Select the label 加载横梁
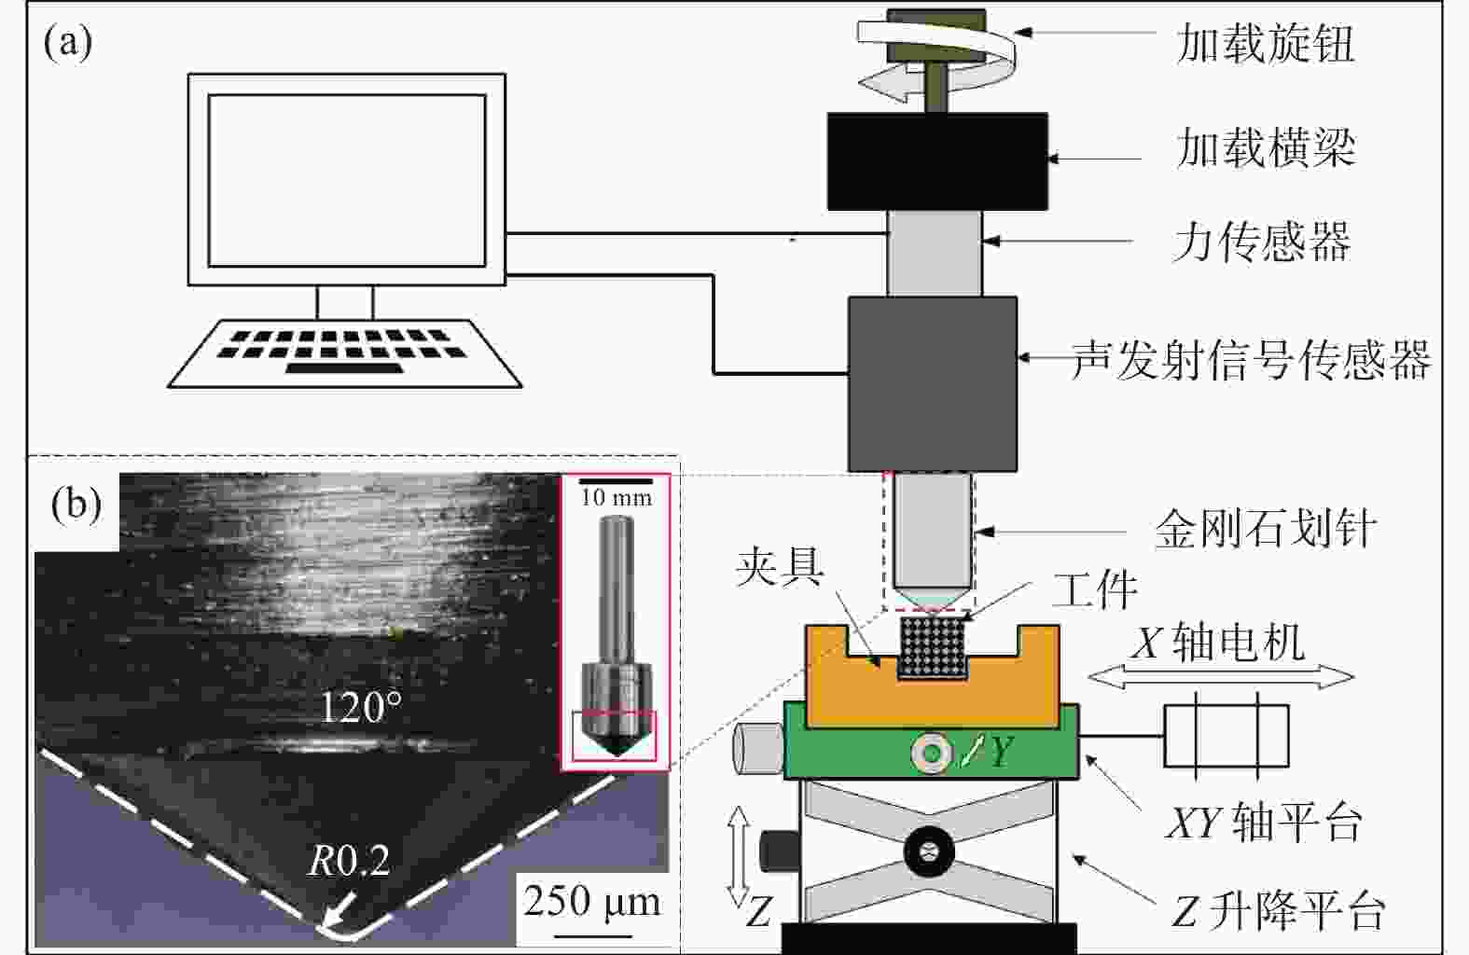(1266, 148)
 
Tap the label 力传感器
(1262, 242)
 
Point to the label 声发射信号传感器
(1251, 359)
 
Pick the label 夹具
(780, 567)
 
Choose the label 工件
(1095, 589)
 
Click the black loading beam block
(937, 161)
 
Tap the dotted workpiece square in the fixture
(932, 649)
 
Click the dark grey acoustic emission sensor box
(933, 383)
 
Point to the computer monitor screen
(347, 180)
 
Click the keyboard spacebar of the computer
(344, 368)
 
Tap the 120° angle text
(360, 708)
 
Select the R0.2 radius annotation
(349, 861)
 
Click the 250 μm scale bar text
(592, 901)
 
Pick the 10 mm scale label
(616, 498)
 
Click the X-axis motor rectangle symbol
(1226, 736)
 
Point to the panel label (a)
(68, 43)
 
